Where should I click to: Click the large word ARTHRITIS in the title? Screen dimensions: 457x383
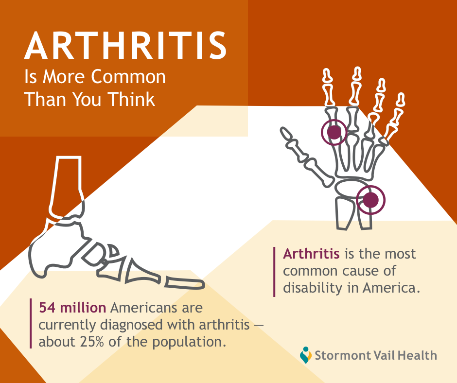[125, 46]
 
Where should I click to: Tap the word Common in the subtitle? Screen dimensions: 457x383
[128, 77]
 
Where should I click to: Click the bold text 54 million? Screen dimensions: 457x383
[72, 308]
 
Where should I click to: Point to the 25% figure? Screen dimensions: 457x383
[91, 342]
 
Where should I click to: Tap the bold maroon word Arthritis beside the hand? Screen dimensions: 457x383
[311, 254]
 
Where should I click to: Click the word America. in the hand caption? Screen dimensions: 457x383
[391, 288]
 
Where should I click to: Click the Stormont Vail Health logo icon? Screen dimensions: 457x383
[305, 355]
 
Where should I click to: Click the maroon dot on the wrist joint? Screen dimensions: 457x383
[371, 200]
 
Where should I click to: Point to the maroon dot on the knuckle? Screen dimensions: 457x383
[334, 132]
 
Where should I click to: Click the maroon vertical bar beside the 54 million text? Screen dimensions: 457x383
[31, 323]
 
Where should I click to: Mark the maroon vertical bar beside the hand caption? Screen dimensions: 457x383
[274, 272]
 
